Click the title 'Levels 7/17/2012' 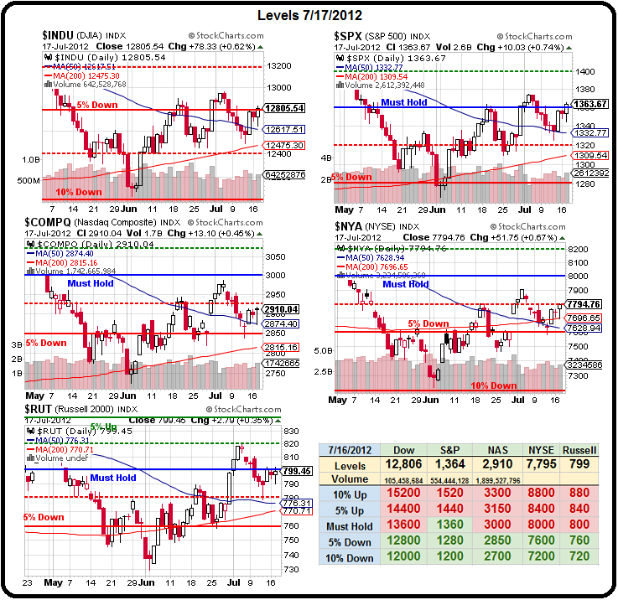pos(308,14)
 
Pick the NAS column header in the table pos(499,450)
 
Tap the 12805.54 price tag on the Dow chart pos(283,108)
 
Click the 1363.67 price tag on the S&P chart pos(592,104)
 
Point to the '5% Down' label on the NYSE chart pos(428,323)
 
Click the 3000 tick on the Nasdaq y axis pos(278,275)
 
